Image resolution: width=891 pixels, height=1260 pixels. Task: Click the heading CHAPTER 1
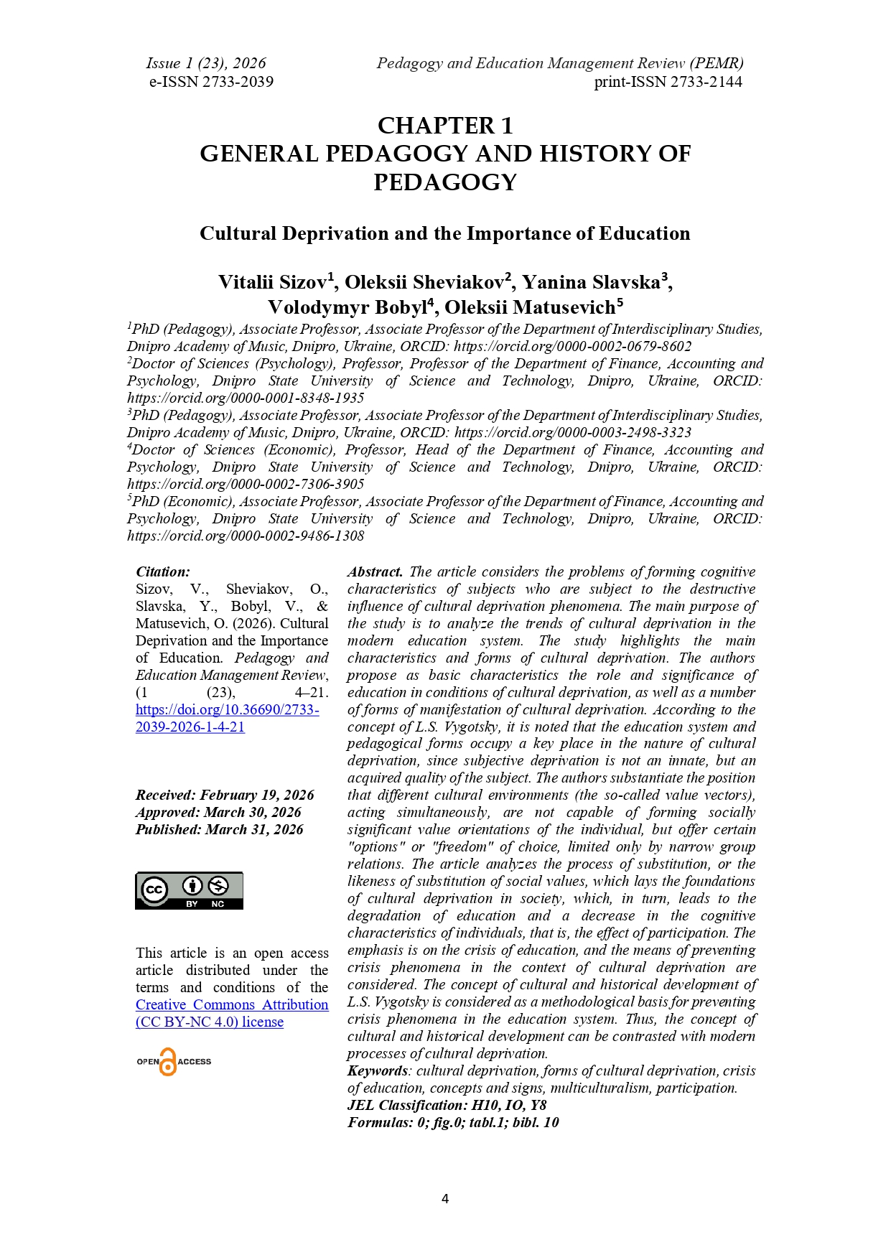pos(445,126)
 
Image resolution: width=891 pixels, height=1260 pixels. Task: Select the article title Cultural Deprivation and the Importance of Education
pos(445,233)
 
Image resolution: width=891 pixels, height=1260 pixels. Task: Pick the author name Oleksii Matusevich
pos(530,307)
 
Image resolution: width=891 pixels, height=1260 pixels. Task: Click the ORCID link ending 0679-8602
pos(572,347)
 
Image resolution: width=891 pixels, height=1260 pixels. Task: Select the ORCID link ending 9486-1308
pos(246,536)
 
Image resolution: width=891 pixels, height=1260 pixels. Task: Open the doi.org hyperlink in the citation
pos(227,718)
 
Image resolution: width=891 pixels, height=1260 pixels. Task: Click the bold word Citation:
pos(163,572)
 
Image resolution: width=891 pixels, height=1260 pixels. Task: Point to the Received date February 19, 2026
pos(256,795)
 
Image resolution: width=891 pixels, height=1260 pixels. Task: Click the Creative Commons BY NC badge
pos(190,891)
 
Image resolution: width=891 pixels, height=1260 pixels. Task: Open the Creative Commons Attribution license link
pos(231,1013)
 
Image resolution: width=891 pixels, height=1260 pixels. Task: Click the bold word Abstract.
pos(375,572)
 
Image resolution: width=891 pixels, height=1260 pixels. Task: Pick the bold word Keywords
pos(376,1071)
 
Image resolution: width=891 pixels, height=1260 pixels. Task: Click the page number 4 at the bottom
pos(445,1199)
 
